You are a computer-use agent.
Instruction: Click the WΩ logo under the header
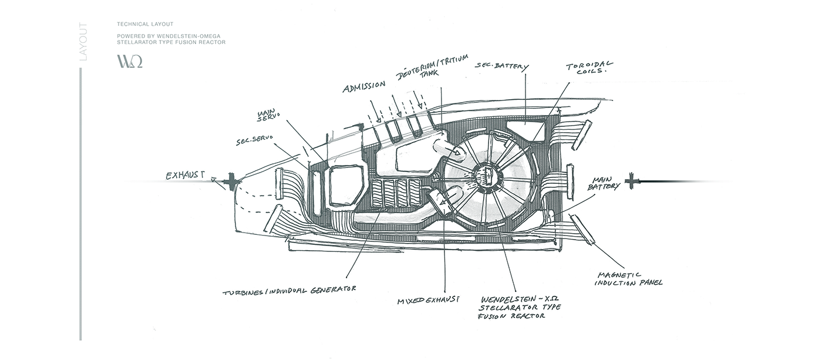click(x=130, y=62)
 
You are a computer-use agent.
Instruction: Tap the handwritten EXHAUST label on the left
click(x=186, y=174)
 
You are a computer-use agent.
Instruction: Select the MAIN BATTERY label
click(x=605, y=184)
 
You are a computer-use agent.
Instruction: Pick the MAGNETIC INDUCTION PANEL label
click(x=629, y=278)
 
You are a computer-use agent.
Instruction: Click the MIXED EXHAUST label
click(x=427, y=301)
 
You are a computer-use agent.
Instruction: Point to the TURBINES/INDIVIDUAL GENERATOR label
click(x=289, y=291)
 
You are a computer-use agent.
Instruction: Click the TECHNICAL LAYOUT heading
click(x=145, y=24)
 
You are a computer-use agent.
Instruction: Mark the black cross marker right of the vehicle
click(x=632, y=181)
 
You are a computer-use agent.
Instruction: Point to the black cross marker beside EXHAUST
click(x=233, y=182)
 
